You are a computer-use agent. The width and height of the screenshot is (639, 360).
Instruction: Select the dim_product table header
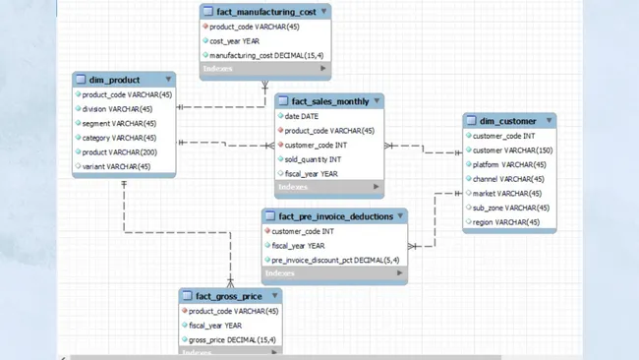114,80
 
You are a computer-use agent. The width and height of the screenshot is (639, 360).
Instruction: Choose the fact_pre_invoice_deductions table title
334,216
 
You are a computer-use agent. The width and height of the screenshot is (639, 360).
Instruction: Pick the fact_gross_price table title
228,296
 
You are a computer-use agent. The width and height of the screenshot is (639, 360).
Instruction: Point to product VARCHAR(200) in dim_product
119,152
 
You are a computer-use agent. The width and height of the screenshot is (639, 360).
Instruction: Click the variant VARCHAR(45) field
116,167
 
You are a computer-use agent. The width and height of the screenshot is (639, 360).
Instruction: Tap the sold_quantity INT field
313,159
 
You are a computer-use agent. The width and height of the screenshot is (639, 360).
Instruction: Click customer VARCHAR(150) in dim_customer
512,150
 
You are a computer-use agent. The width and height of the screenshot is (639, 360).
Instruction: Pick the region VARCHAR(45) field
505,222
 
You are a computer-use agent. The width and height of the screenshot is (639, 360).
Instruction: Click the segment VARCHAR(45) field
119,124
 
